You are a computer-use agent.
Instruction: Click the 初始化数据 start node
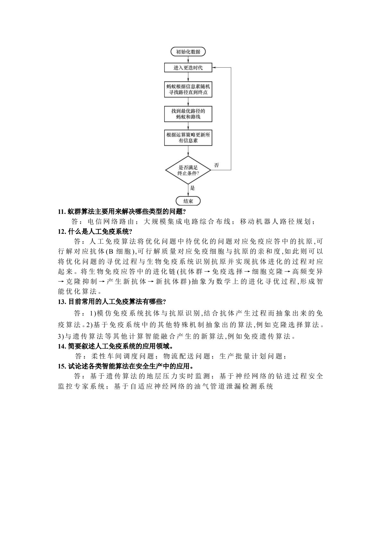188,52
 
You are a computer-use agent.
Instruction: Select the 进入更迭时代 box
188,68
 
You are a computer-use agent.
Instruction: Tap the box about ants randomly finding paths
188,89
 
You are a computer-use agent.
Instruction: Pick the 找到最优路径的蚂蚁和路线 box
188,114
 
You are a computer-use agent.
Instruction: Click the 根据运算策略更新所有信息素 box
188,138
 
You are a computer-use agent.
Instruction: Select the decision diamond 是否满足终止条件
188,170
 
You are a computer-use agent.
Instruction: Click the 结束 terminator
188,201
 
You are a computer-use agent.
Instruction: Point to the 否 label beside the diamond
216,165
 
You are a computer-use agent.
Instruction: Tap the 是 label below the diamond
192,188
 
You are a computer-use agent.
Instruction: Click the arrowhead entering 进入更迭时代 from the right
214,68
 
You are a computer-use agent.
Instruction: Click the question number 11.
62,212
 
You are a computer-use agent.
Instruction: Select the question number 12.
62,232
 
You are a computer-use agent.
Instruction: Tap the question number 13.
62,301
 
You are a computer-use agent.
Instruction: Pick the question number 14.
62,346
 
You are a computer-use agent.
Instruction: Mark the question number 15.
62,366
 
